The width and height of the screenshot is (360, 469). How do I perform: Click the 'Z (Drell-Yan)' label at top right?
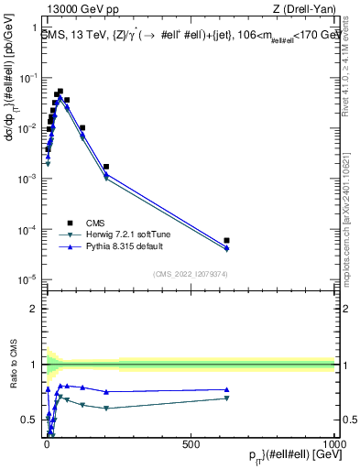point(305,10)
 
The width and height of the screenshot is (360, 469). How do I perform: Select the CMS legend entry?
point(95,222)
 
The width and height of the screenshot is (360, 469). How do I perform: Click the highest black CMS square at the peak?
point(60,92)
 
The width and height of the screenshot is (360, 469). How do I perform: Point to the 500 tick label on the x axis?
point(191,443)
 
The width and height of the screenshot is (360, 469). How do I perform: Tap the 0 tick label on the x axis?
point(47,443)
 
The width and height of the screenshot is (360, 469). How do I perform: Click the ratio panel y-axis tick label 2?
point(33,308)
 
